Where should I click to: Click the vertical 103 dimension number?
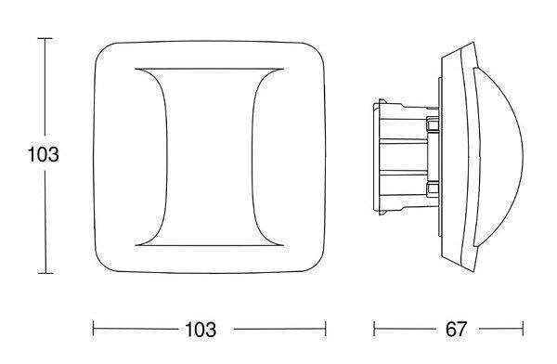[x=43, y=155]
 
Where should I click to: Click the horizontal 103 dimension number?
[x=201, y=330]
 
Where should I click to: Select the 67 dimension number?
[x=456, y=329]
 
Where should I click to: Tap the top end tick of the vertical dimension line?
[x=45, y=38]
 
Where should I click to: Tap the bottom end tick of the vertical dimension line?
[x=45, y=273]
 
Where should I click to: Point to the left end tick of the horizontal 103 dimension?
[x=94, y=329]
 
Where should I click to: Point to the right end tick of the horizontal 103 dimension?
[x=326, y=329]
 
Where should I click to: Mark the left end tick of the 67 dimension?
[x=374, y=329]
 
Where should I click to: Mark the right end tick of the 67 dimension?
[x=523, y=329]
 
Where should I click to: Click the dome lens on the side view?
[x=501, y=156]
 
